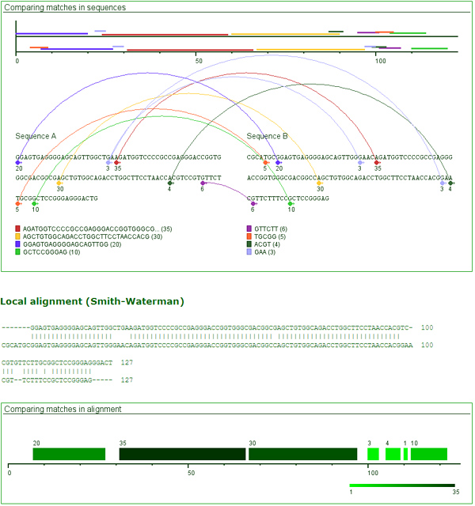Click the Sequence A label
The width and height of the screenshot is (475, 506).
click(x=36, y=136)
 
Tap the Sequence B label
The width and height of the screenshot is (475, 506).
click(x=268, y=136)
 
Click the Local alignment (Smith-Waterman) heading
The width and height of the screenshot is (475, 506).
click(x=92, y=301)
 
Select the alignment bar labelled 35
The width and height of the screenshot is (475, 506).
click(x=182, y=454)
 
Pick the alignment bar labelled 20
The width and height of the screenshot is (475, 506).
click(x=69, y=454)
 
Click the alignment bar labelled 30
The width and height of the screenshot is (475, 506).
click(x=302, y=454)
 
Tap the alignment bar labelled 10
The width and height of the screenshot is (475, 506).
click(x=429, y=454)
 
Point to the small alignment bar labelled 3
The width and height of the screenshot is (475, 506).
click(x=373, y=454)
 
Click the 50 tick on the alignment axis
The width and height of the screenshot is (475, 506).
click(x=190, y=474)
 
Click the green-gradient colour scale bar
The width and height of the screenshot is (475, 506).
click(x=402, y=485)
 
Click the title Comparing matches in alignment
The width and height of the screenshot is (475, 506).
click(x=63, y=409)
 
